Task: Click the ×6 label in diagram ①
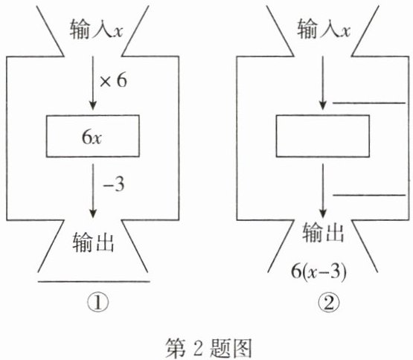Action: click(x=113, y=80)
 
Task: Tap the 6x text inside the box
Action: click(x=92, y=137)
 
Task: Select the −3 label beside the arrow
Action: click(x=114, y=184)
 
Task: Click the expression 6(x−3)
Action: click(x=318, y=271)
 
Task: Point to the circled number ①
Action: click(x=98, y=303)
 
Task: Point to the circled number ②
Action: click(x=328, y=303)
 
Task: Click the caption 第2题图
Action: click(x=208, y=347)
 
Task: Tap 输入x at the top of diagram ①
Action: click(x=97, y=30)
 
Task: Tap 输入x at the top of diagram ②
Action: click(x=324, y=29)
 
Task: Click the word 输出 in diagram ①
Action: click(x=93, y=242)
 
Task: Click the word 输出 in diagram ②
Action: click(x=323, y=232)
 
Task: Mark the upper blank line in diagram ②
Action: click(x=369, y=103)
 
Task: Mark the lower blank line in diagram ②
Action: click(x=369, y=195)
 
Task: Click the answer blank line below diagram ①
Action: click(x=94, y=281)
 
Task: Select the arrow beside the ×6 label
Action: click(x=93, y=83)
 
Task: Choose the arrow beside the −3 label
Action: click(x=93, y=191)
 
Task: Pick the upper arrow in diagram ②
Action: click(x=323, y=83)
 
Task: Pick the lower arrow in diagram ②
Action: click(x=323, y=191)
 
